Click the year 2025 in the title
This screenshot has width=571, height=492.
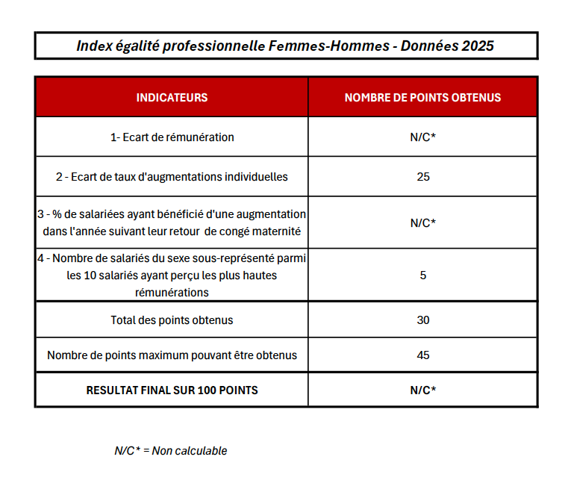[478, 46]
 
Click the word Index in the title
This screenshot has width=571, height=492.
[95, 46]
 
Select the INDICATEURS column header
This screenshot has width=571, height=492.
[172, 97]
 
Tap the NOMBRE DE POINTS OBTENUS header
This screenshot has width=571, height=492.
[422, 97]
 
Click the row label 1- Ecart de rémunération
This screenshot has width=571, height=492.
[172, 137]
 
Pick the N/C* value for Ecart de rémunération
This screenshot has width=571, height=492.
[422, 137]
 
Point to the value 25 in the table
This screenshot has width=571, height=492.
[422, 177]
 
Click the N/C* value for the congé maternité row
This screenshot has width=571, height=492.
[422, 222]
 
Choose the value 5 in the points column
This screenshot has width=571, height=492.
[422, 275]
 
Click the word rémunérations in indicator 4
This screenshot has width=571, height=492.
[172, 292]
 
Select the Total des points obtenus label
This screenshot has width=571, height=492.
[172, 320]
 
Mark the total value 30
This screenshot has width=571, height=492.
[422, 320]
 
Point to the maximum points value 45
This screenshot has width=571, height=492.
[422, 355]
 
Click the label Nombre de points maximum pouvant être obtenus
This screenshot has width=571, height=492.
[172, 355]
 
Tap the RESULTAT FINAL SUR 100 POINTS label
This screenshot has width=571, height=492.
[172, 390]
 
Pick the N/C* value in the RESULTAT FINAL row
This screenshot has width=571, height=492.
[422, 390]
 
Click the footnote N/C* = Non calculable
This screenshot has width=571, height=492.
[170, 451]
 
